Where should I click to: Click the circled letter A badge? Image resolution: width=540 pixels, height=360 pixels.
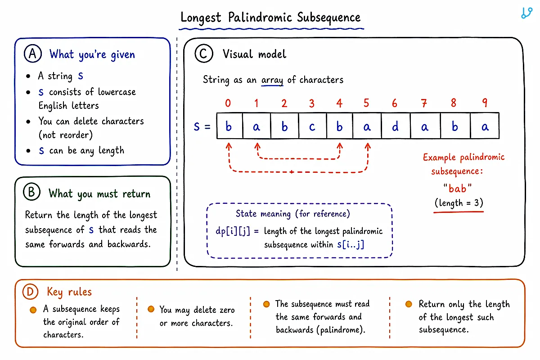click(x=33, y=54)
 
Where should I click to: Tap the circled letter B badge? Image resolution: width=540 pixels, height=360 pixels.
click(x=31, y=192)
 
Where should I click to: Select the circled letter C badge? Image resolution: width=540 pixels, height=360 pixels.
click(x=204, y=54)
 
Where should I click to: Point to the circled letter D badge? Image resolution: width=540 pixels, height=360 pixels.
click(x=31, y=292)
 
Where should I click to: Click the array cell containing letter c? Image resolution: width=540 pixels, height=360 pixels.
click(x=312, y=126)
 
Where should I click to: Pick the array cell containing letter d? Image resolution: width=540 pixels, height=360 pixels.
click(x=396, y=126)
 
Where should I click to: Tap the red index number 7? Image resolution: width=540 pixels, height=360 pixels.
click(x=424, y=103)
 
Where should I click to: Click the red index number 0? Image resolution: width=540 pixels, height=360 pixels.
click(x=228, y=103)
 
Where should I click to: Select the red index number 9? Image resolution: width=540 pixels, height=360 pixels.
click(x=485, y=103)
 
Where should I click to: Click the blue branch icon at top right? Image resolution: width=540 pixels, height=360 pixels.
click(x=526, y=13)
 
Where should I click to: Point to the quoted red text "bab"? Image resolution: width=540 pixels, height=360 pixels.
click(x=457, y=188)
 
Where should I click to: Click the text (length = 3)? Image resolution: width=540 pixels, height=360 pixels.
click(x=459, y=203)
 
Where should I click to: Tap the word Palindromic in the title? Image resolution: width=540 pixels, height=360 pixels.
click(x=260, y=18)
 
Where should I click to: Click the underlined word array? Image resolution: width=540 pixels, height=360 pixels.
click(x=272, y=80)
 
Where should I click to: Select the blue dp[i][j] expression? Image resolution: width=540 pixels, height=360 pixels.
click(x=233, y=231)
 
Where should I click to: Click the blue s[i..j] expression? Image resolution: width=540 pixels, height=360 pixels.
click(x=351, y=245)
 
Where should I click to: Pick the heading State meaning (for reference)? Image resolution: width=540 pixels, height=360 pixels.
click(x=292, y=214)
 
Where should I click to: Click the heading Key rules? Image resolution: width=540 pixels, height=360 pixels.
click(x=69, y=292)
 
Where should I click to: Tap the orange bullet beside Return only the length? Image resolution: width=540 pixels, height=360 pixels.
click(x=409, y=304)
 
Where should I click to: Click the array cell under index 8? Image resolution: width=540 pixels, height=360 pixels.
click(x=455, y=126)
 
